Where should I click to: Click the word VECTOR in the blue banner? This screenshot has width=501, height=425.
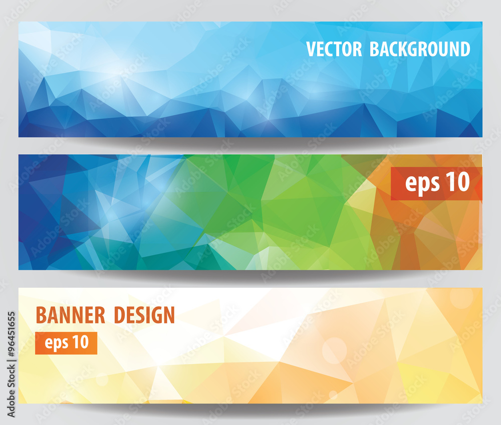(334, 49)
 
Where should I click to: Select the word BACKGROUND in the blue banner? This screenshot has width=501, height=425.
(420, 49)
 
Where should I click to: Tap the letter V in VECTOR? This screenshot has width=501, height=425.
(311, 49)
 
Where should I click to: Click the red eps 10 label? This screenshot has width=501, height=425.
(436, 183)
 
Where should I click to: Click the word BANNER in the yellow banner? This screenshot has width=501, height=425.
(71, 315)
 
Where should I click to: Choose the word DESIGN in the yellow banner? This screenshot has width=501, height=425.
(144, 315)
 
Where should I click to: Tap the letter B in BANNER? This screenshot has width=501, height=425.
(41, 315)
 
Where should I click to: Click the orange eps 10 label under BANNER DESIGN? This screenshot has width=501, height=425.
(66, 343)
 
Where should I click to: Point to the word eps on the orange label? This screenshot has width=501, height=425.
(56, 343)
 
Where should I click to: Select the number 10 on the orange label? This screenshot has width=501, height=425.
(81, 342)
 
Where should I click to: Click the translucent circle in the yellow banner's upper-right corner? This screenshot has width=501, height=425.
(461, 297)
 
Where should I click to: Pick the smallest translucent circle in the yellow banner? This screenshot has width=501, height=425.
(333, 395)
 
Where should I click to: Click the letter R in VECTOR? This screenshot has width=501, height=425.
(357, 49)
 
